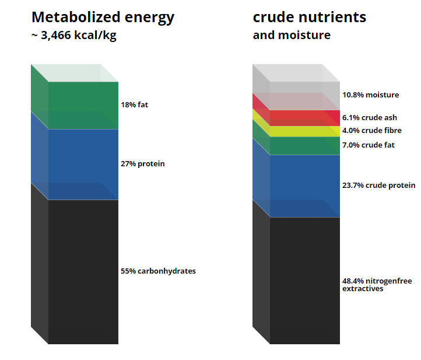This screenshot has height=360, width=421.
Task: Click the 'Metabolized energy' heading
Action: pos(103,18)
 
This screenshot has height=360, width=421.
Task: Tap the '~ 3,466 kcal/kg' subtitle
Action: pos(74,36)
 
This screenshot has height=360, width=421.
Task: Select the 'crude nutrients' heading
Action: pos(309,17)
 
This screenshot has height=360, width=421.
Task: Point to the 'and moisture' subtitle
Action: pos(292,35)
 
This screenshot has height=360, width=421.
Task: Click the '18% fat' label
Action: pos(134,105)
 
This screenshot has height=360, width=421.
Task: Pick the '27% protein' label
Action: pos(143,164)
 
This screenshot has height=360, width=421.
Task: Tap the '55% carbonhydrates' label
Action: pos(158,271)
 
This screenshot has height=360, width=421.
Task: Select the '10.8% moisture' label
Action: pos(370,95)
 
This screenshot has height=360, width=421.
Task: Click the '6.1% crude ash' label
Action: pos(370,118)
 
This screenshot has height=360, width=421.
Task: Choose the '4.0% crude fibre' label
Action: pos(372,131)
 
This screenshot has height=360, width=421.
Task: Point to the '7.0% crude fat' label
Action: pos(369,145)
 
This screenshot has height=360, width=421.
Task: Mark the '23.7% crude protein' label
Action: pos(378,186)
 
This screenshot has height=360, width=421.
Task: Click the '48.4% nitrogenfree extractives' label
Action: pos(377,285)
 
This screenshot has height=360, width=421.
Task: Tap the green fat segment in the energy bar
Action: pos(83,105)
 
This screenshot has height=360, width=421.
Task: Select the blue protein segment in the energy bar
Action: pos(83,165)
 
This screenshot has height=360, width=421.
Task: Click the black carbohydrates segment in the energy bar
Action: pos(83,272)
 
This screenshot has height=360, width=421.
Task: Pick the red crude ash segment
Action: pos(305,118)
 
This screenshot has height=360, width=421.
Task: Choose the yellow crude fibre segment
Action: pos(305,131)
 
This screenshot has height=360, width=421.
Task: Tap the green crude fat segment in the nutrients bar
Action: pos(305,146)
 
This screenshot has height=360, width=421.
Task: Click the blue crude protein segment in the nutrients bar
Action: pos(305,186)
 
